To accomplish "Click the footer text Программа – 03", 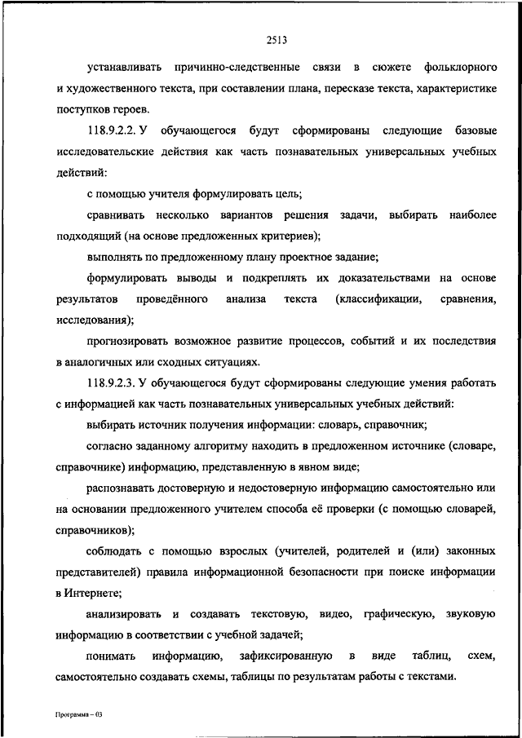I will coord(77,714).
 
